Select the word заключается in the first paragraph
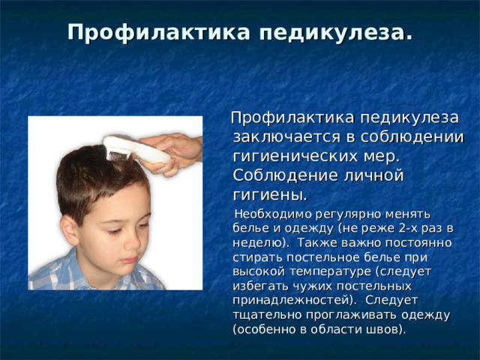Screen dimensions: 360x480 (x=283, y=138)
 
